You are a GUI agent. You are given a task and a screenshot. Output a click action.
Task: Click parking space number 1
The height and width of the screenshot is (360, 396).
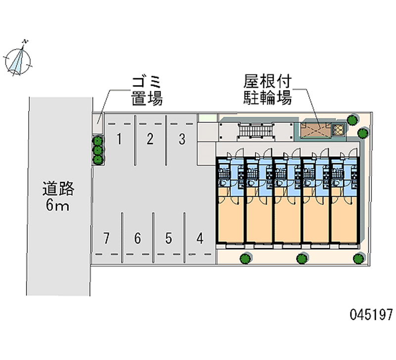119,139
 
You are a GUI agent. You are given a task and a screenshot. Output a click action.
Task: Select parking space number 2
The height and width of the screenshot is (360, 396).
149,139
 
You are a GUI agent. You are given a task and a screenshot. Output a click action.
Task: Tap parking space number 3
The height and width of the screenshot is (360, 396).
182,139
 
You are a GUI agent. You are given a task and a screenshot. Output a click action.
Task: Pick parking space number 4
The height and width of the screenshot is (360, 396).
199,238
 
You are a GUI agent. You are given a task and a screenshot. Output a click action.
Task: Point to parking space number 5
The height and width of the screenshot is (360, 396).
169,238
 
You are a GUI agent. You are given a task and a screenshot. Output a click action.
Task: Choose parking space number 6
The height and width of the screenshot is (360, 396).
138,238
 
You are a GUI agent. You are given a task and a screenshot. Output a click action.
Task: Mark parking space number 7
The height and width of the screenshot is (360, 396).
106,238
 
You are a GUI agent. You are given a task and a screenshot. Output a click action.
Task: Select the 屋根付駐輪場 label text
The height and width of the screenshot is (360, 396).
267,89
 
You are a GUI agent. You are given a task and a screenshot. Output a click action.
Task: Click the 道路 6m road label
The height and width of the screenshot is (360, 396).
58,197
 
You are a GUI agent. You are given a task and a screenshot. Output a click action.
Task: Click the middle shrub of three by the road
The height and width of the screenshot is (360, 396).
98,150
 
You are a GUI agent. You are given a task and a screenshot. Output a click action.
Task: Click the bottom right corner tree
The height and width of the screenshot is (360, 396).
359,257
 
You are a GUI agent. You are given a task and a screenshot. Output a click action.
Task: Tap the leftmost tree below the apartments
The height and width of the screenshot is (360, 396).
244,258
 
